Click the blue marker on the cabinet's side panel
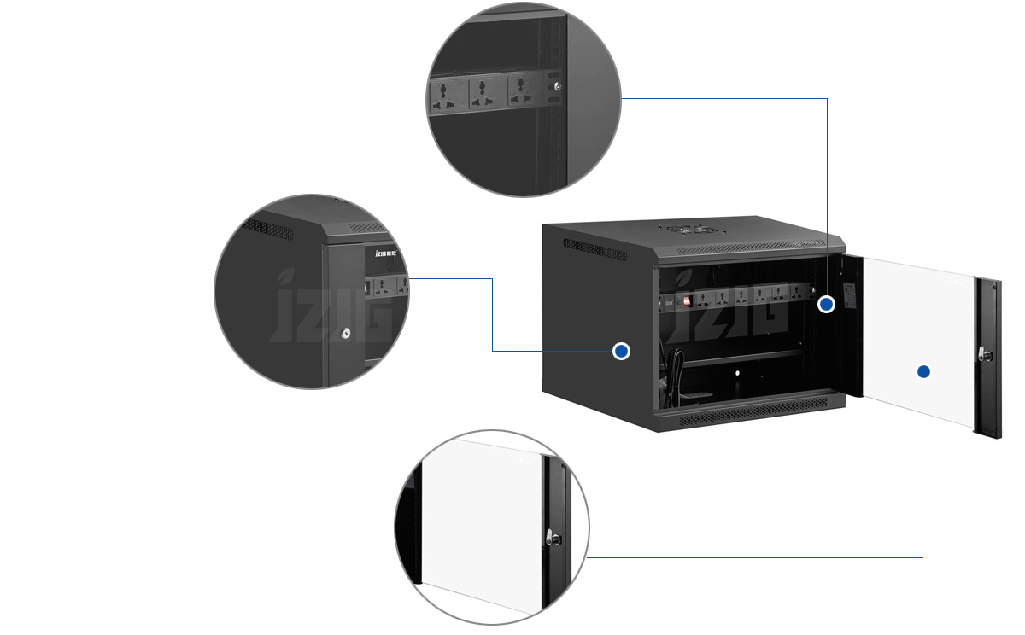coord(622,351)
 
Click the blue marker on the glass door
coord(922,371)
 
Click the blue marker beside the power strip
coord(826,304)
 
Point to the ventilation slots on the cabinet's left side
coord(594,248)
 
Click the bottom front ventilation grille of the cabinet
coord(752,415)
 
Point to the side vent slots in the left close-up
coord(269,229)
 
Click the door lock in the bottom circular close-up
coord(552,538)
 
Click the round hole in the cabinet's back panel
coord(736,372)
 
